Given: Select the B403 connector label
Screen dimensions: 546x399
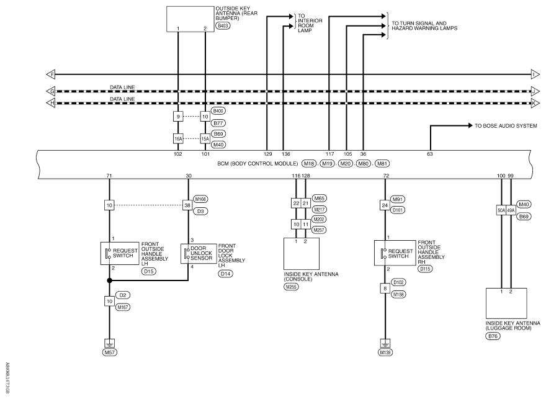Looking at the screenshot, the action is (223, 26).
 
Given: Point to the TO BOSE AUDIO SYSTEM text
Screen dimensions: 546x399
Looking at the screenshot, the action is (506, 126).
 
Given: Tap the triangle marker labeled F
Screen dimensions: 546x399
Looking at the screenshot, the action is (51, 74).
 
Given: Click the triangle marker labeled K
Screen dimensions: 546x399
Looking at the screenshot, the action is (535, 104).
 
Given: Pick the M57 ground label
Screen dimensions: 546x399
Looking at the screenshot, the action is (110, 352).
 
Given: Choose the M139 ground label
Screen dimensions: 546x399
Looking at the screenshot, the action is (385, 352).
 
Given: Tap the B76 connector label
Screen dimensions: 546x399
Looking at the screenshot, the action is (493, 336).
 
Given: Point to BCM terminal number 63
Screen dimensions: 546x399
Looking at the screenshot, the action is (430, 154).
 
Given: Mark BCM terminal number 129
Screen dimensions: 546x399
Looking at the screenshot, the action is (267, 154).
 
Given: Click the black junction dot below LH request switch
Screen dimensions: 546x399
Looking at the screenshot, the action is (109, 280).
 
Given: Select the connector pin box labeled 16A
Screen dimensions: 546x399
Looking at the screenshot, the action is (178, 138).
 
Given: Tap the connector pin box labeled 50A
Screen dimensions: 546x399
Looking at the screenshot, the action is (501, 210).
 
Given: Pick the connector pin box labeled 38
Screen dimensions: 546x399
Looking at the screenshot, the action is (187, 205).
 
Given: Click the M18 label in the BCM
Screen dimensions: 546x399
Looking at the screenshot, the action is (308, 163).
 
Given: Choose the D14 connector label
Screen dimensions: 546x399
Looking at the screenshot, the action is (226, 274).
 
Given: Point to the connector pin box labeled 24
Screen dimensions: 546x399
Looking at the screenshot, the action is (385, 205).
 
